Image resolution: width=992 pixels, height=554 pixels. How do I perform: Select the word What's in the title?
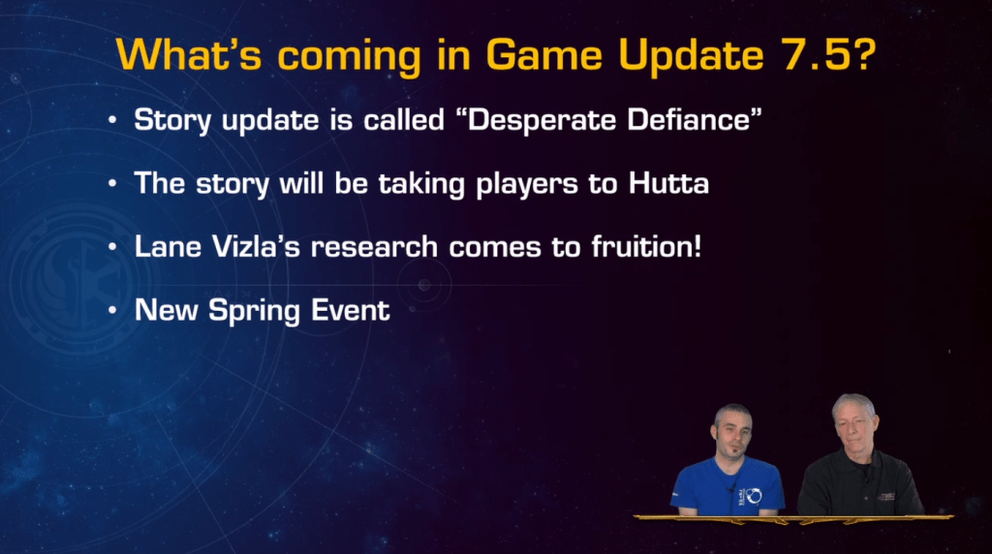pyautogui.click(x=190, y=55)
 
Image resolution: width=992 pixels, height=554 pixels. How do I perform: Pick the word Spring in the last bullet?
pyautogui.click(x=257, y=310)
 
